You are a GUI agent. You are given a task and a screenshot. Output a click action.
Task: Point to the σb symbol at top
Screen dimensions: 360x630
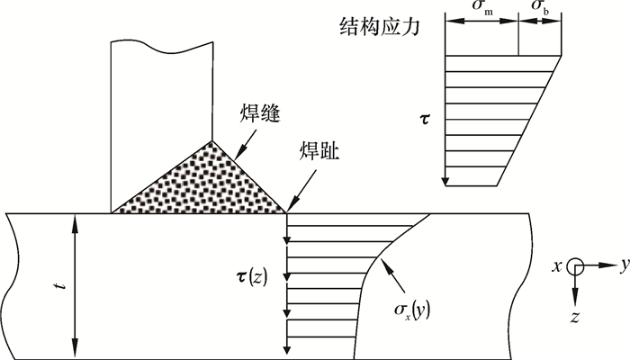(x=541, y=7)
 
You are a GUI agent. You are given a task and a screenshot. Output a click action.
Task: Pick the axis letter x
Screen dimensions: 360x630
(x=558, y=266)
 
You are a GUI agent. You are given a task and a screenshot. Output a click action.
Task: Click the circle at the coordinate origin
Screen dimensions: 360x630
(x=576, y=266)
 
